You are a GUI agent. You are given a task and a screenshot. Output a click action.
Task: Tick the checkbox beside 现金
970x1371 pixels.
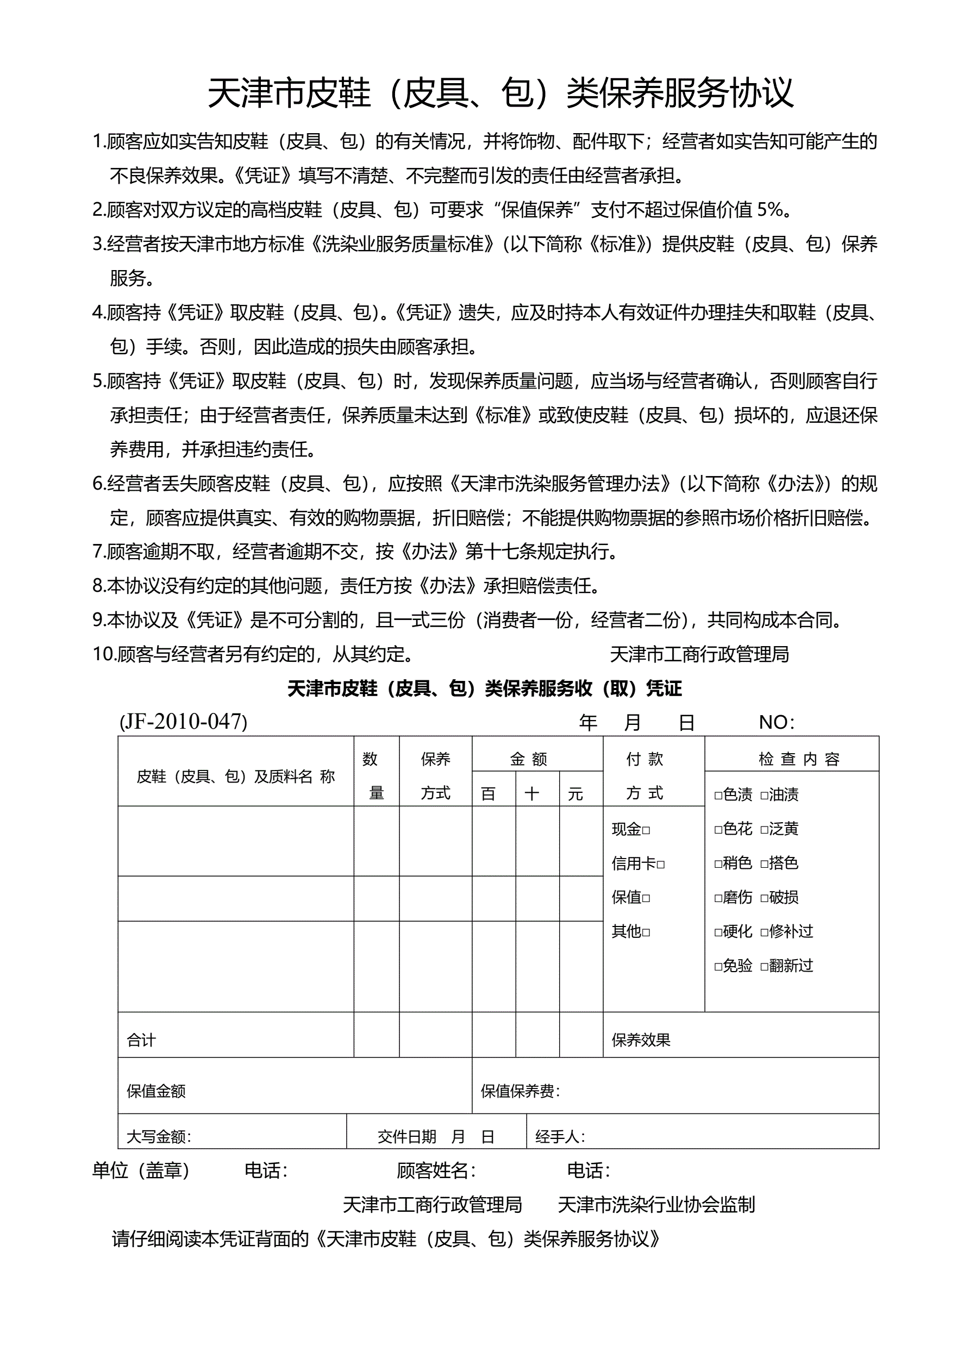646,830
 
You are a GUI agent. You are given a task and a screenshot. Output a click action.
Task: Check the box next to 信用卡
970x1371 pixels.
661,864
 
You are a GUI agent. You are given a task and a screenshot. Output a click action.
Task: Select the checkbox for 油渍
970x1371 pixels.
764,796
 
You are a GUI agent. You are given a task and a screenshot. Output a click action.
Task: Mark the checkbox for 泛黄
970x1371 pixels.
764,829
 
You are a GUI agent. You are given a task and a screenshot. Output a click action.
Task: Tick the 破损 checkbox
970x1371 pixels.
764,898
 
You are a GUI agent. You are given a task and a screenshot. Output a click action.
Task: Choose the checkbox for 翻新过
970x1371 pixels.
764,966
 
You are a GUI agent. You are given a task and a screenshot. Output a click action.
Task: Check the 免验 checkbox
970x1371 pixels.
718,966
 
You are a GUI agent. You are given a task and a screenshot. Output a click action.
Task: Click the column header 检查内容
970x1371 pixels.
799,759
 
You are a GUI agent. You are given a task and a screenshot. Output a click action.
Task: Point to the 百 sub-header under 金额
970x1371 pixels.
488,793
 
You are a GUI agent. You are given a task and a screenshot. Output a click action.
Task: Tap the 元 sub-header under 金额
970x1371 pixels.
575,793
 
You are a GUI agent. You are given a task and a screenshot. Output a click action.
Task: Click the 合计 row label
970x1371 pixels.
141,1040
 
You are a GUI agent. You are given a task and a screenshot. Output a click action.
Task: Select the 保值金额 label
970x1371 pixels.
156,1091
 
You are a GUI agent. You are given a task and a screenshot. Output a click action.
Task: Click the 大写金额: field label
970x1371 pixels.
159,1136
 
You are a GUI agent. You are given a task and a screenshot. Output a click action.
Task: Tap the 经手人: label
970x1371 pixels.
560,1136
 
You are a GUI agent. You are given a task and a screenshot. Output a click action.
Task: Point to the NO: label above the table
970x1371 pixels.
777,723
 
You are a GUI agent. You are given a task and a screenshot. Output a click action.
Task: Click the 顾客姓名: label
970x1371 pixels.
436,1170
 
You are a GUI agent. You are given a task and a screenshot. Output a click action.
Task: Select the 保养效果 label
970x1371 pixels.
641,1040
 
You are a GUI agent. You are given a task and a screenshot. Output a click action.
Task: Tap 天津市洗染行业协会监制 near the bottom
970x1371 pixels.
656,1204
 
